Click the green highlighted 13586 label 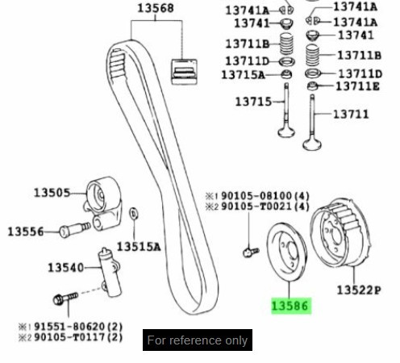point(290,306)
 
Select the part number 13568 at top point(155,9)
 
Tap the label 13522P point(357,289)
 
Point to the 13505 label point(52,193)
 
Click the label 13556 point(27,232)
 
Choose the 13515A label point(139,246)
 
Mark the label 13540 point(65,267)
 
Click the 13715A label point(244,75)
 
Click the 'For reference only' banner point(198,340)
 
